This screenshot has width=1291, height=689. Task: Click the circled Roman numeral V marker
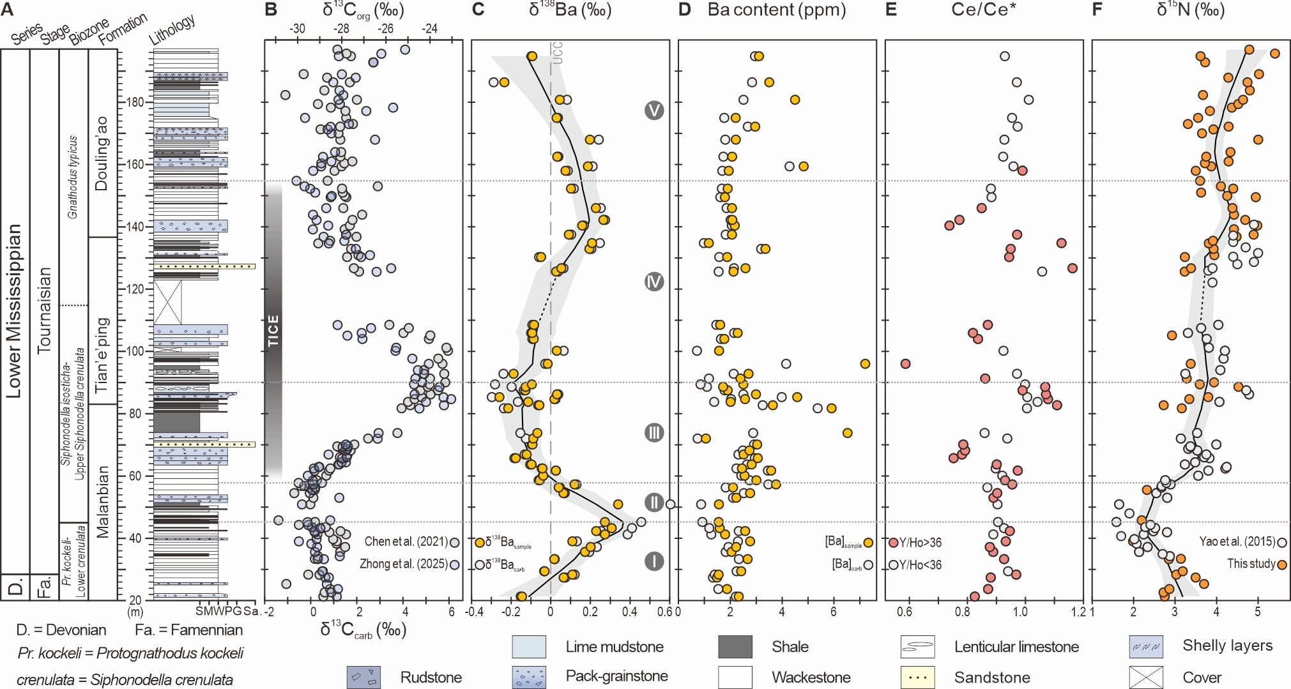pos(653,110)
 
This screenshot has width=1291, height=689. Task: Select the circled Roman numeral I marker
pos(653,561)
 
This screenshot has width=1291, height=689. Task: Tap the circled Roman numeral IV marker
pos(653,282)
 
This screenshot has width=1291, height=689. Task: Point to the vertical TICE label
pos(273,330)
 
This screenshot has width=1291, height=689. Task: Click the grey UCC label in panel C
pos(557,53)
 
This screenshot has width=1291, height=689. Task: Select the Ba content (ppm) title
pos(777,10)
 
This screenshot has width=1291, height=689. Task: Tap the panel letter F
pos(1098,10)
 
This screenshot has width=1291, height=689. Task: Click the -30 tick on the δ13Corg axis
pos(297,29)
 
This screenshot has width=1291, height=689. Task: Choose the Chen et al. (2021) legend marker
pos(454,542)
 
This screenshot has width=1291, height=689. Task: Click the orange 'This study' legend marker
pos(1281,564)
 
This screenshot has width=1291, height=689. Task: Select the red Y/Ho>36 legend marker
pos(893,543)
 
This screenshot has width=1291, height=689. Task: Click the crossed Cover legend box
pos(1146,677)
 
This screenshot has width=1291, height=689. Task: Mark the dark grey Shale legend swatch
pos(735,646)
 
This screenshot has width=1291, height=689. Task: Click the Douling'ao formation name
pos(102,153)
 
